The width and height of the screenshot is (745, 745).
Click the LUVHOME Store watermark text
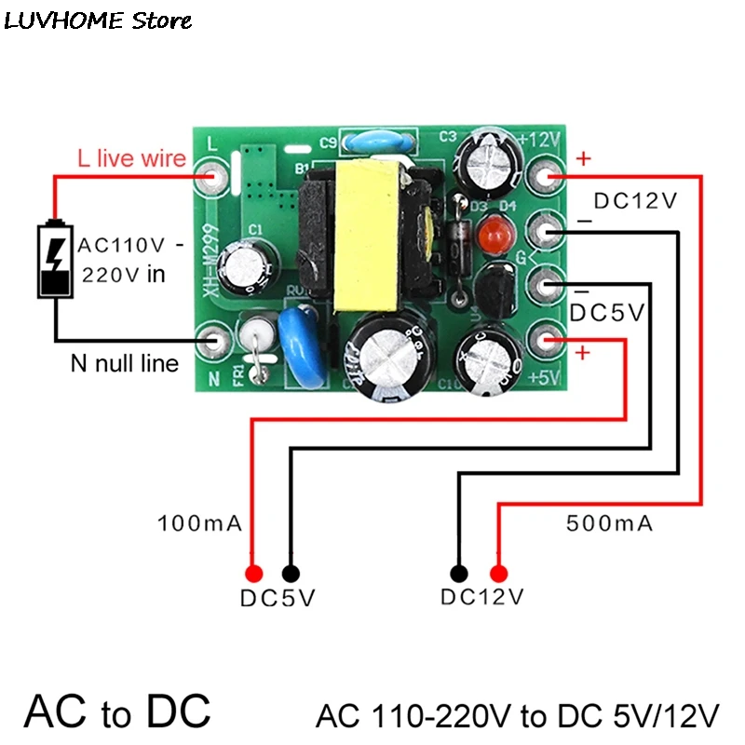98,20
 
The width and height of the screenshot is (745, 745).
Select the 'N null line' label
124,362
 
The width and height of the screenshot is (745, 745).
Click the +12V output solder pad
547,176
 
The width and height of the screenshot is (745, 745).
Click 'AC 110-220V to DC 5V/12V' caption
518,716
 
